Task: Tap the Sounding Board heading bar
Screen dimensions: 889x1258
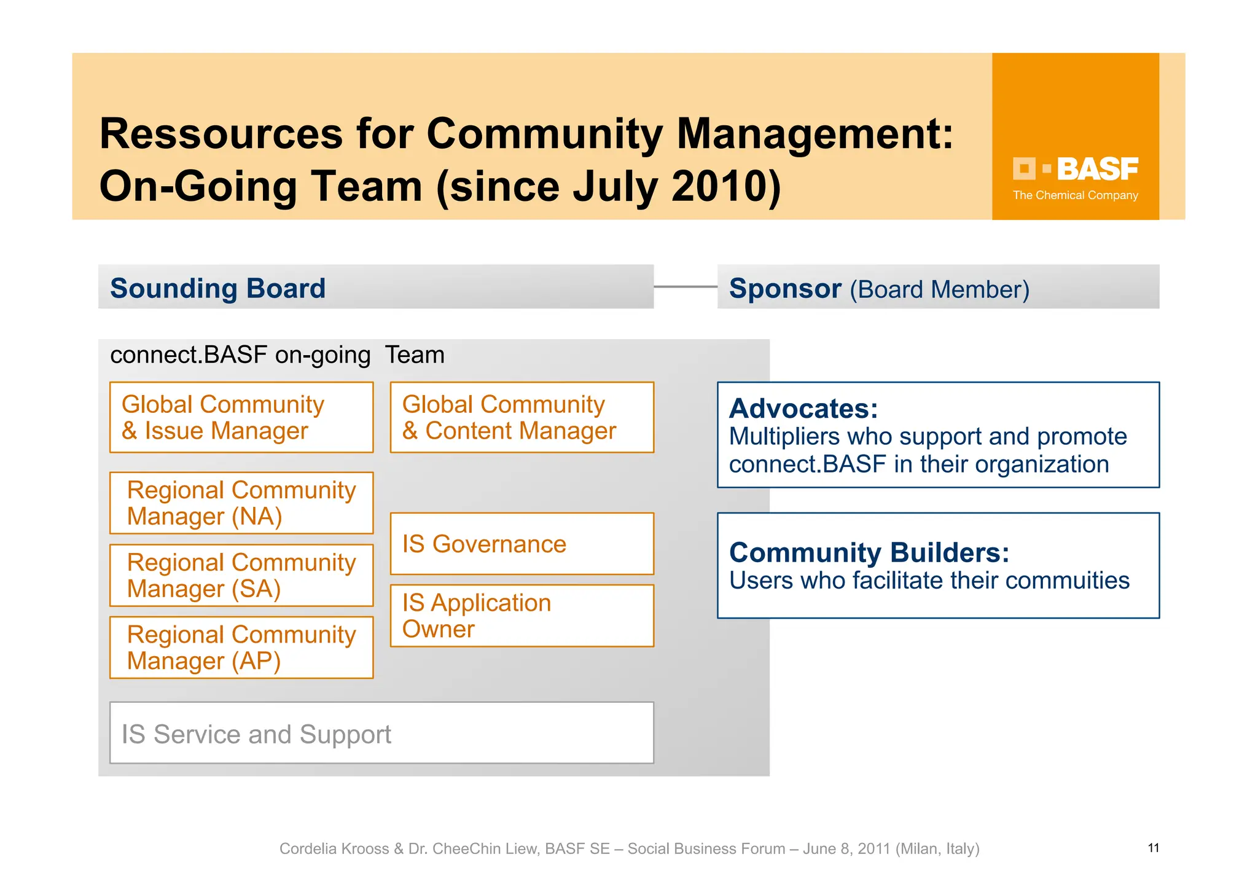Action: click(375, 287)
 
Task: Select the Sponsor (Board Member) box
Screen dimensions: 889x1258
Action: click(938, 287)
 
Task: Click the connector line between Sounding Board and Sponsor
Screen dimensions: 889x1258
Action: click(685, 286)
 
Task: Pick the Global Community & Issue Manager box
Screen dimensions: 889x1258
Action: click(241, 418)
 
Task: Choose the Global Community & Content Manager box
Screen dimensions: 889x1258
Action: click(522, 418)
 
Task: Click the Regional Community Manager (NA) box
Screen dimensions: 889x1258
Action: click(241, 503)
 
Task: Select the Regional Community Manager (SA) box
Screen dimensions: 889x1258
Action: click(241, 576)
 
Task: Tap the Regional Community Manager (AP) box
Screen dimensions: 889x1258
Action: click(241, 648)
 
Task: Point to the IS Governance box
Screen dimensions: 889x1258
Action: click(522, 544)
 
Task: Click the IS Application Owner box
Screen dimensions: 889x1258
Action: click(522, 616)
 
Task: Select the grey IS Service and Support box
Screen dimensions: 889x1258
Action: click(381, 733)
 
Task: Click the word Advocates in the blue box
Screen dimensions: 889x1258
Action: click(803, 409)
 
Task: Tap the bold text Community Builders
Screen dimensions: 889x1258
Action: click(869, 552)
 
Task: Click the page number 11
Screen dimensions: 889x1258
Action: click(1153, 848)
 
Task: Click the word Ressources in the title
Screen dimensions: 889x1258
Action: click(221, 133)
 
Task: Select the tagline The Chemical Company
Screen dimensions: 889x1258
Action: click(1075, 195)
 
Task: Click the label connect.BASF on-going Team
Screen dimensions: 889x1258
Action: click(277, 355)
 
